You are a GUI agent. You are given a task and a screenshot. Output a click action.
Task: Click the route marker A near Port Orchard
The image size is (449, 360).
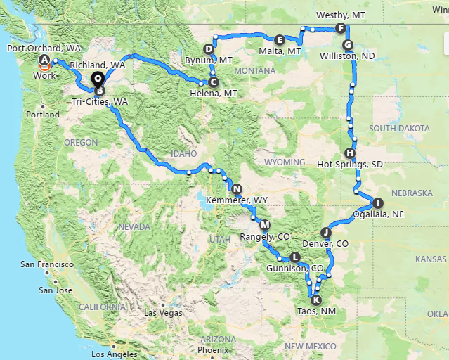(45, 60)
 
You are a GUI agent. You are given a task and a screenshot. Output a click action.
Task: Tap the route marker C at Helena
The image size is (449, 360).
(214, 82)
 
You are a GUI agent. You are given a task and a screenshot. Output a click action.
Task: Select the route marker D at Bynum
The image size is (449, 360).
(209, 49)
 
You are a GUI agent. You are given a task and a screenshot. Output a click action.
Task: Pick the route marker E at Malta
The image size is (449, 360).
(280, 40)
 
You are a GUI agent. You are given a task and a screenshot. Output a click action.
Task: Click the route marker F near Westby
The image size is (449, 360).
(341, 28)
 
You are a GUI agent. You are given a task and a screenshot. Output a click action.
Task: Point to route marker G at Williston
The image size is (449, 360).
(347, 45)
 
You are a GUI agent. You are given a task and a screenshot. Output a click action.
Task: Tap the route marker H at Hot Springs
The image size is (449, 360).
(351, 153)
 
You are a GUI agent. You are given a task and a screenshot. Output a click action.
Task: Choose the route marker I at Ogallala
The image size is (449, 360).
(379, 202)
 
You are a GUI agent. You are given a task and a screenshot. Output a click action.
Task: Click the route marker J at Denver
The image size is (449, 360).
(325, 233)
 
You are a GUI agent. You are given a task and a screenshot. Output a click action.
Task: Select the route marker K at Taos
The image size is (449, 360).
(315, 300)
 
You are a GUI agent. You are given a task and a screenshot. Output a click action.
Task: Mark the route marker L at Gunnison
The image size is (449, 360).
(294, 257)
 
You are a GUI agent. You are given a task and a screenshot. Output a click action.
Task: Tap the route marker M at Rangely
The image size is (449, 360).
(265, 225)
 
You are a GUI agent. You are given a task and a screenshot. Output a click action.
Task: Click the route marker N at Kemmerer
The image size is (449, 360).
(237, 188)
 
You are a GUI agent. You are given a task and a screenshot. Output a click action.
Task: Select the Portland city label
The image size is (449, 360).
(43, 114)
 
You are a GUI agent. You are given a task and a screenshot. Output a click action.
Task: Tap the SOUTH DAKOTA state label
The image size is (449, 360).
(399, 128)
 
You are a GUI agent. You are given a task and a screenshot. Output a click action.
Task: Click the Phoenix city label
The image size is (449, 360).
(213, 349)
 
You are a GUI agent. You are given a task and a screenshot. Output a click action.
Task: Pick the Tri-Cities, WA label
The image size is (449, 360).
(100, 102)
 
